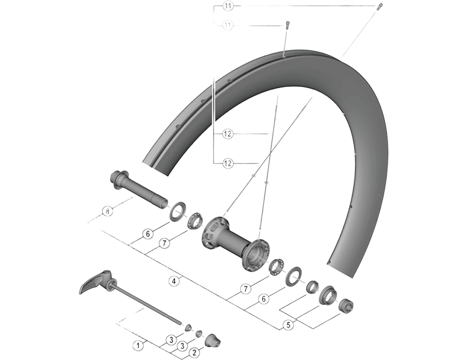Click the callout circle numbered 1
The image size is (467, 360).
tap(138, 345)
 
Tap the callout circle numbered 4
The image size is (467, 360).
tap(173, 281)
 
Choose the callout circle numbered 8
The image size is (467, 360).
tap(107, 211)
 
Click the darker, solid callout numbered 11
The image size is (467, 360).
tap(228, 6)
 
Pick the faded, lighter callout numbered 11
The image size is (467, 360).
tap(228, 25)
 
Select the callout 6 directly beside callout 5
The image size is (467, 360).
tap(264, 298)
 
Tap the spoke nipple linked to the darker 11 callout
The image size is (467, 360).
tap(378, 7)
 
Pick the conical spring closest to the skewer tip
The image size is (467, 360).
tap(188, 326)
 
